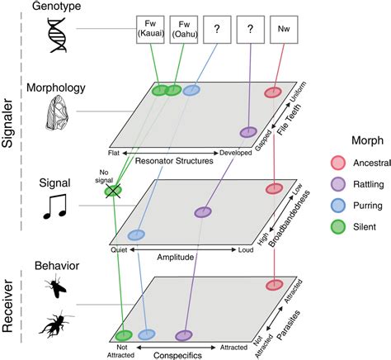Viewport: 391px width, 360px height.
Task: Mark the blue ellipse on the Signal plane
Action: [x=137, y=235]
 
